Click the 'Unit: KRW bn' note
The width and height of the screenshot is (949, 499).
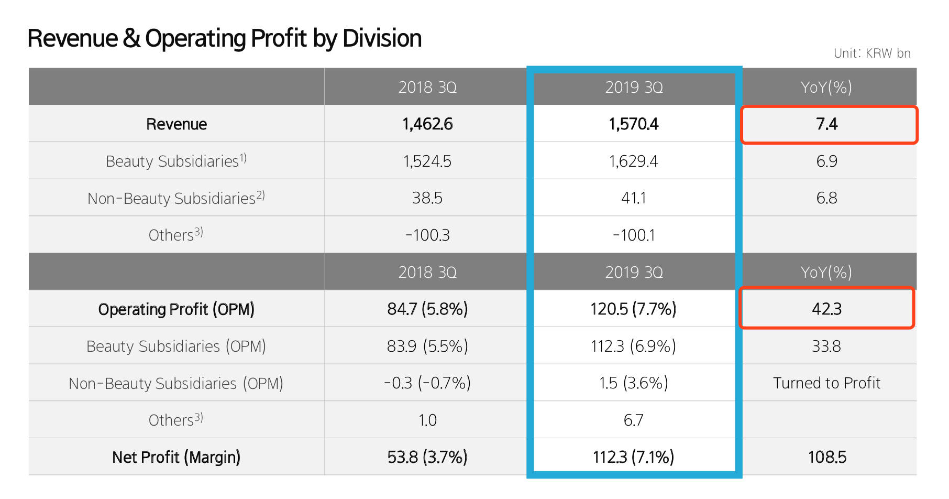[872, 53]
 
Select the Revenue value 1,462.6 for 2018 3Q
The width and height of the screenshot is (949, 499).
[427, 124]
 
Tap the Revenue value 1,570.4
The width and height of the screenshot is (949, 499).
[634, 124]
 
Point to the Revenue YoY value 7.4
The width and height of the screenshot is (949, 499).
[826, 124]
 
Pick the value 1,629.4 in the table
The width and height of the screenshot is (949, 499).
[634, 161]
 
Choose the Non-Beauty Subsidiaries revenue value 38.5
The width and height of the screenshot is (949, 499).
[427, 198]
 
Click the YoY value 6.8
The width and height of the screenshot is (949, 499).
[826, 198]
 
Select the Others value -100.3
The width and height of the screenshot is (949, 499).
[427, 235]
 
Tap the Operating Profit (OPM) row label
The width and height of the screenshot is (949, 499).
[176, 309]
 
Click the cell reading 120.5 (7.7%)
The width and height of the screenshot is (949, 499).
[634, 309]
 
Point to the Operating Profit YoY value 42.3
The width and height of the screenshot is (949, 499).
[826, 309]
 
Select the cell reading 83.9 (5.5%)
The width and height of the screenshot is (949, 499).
[427, 346]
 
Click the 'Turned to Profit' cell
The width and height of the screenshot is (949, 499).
[826, 383]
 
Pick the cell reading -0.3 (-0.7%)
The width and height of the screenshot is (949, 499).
[427, 383]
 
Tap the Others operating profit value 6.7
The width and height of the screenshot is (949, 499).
[634, 420]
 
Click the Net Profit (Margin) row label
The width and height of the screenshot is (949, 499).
[176, 457]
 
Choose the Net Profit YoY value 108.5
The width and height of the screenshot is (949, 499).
[826, 457]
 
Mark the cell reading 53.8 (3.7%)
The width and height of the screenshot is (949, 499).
[427, 457]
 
